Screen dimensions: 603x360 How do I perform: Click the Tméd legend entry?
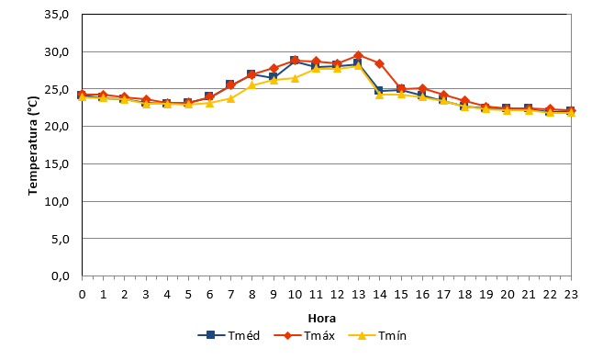pos(229,335)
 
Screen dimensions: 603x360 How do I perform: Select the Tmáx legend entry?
pos(304,335)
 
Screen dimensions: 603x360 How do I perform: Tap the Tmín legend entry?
pos(377,335)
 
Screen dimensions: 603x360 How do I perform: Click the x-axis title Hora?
pos(322,319)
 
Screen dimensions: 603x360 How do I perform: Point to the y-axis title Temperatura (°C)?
pos(33,146)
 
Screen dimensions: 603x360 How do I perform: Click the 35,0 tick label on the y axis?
pos(57,15)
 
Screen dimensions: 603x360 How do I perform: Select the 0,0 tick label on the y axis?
pos(60,276)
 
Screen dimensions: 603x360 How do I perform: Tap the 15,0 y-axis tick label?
pos(57,163)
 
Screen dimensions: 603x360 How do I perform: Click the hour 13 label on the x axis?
pos(359,295)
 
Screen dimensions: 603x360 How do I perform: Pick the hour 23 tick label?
pos(571,295)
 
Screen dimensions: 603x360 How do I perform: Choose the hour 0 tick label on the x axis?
pos(82,295)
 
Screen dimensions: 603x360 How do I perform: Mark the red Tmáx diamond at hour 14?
pos(380,64)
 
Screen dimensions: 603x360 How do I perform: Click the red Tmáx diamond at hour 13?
pos(359,55)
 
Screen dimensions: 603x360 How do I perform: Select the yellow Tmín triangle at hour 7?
pos(230,98)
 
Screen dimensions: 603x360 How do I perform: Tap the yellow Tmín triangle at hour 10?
pos(295,78)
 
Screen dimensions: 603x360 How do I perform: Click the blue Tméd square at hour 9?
pos(273,76)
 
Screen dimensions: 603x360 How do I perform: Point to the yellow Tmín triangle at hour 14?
pos(380,95)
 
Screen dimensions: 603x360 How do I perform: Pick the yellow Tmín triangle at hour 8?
pos(251,85)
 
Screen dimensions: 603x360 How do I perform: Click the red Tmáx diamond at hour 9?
pos(274,69)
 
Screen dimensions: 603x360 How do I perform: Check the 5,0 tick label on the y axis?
pos(60,239)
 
